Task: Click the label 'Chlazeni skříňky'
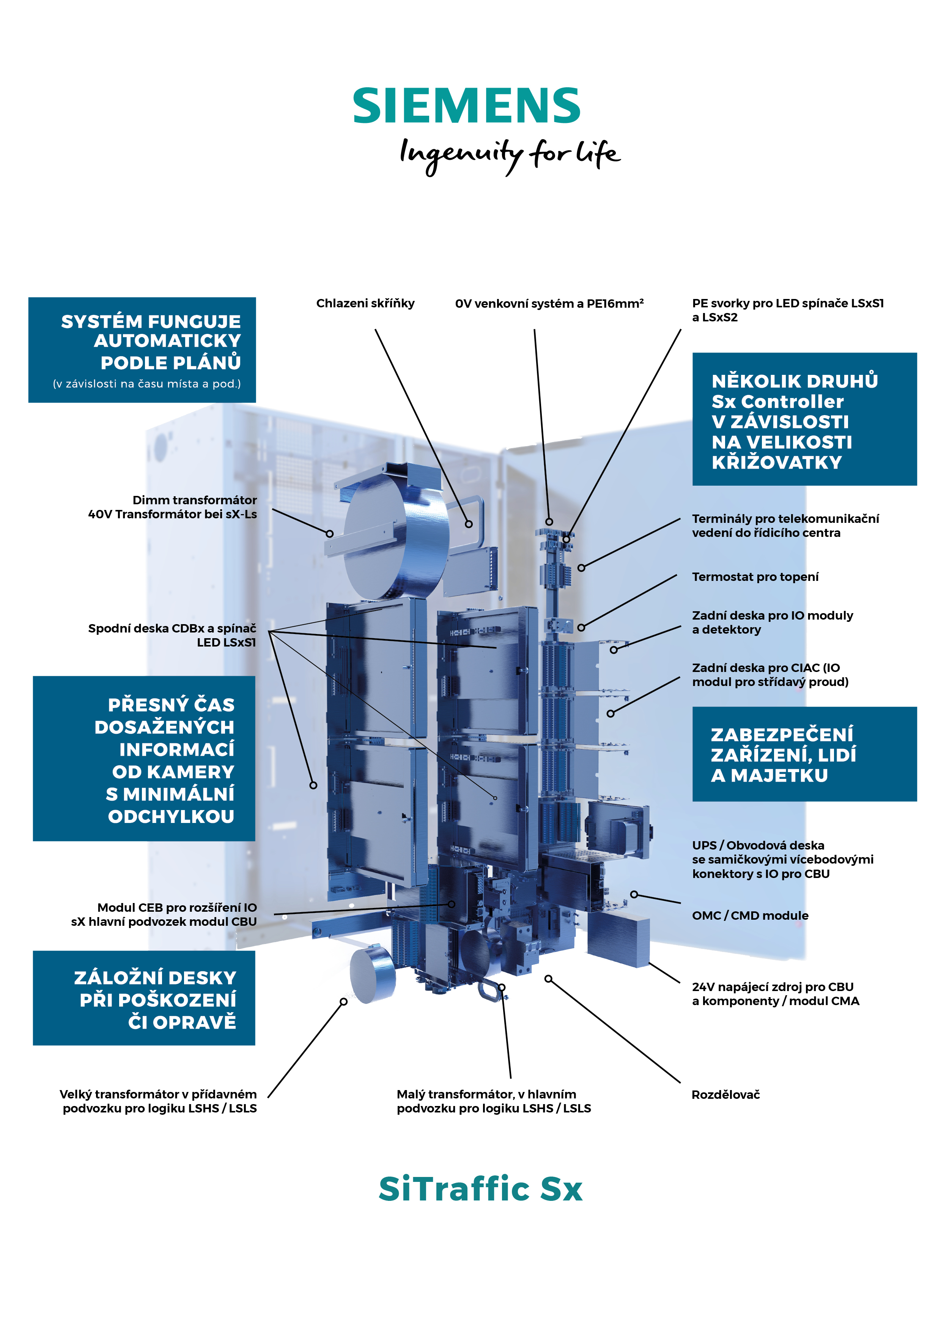click(365, 303)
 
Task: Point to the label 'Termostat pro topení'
click(755, 577)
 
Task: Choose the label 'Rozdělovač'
click(725, 1095)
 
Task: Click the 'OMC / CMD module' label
click(750, 916)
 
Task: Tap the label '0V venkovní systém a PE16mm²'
click(549, 303)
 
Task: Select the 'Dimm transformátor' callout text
click(194, 500)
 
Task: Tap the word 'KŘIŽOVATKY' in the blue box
click(776, 462)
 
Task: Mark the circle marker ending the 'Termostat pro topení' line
click(581, 627)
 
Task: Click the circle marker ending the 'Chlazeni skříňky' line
click(469, 524)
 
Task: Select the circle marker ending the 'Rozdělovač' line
click(548, 979)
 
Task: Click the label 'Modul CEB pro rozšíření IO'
click(177, 907)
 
